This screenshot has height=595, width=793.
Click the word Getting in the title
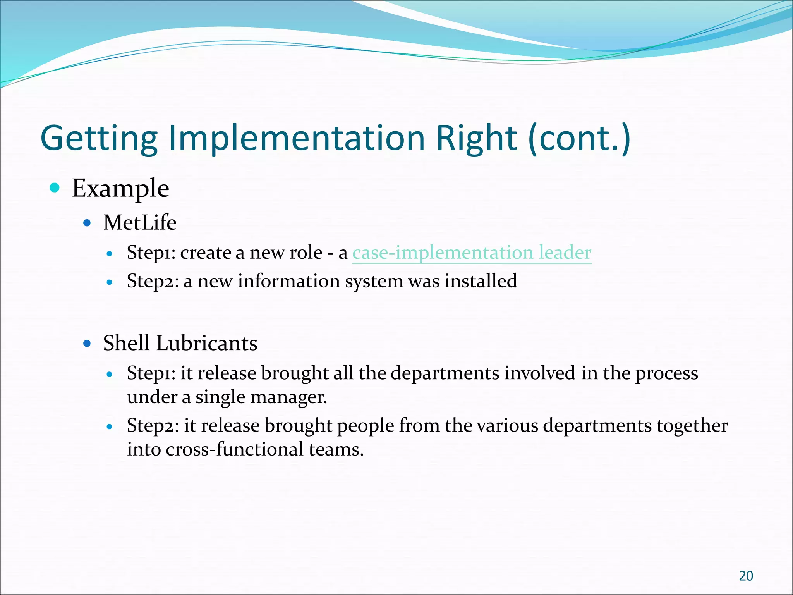(99, 139)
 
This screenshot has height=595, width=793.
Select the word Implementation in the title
(297, 138)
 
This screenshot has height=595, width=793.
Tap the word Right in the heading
(476, 138)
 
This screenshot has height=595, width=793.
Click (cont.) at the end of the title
(579, 138)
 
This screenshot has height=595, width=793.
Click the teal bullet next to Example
(55, 188)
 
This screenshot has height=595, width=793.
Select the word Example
(120, 189)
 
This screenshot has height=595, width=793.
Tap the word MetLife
(140, 223)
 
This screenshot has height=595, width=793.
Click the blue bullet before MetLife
(87, 223)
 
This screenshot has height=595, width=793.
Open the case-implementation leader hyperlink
(471, 253)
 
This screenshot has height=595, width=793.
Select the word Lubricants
(207, 343)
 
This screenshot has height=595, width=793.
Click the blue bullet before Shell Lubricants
(87, 343)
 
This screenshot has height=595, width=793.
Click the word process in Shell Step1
(666, 373)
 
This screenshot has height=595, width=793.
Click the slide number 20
(746, 576)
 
